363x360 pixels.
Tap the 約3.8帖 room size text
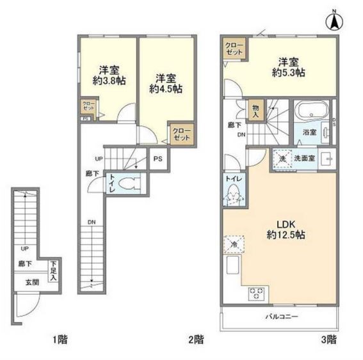(x=107, y=82)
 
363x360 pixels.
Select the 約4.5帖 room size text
(x=165, y=89)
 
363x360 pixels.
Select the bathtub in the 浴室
(x=311, y=113)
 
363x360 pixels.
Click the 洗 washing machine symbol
(x=282, y=158)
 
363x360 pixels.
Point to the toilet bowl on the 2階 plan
(x=131, y=182)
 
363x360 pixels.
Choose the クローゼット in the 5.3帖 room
(x=234, y=49)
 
